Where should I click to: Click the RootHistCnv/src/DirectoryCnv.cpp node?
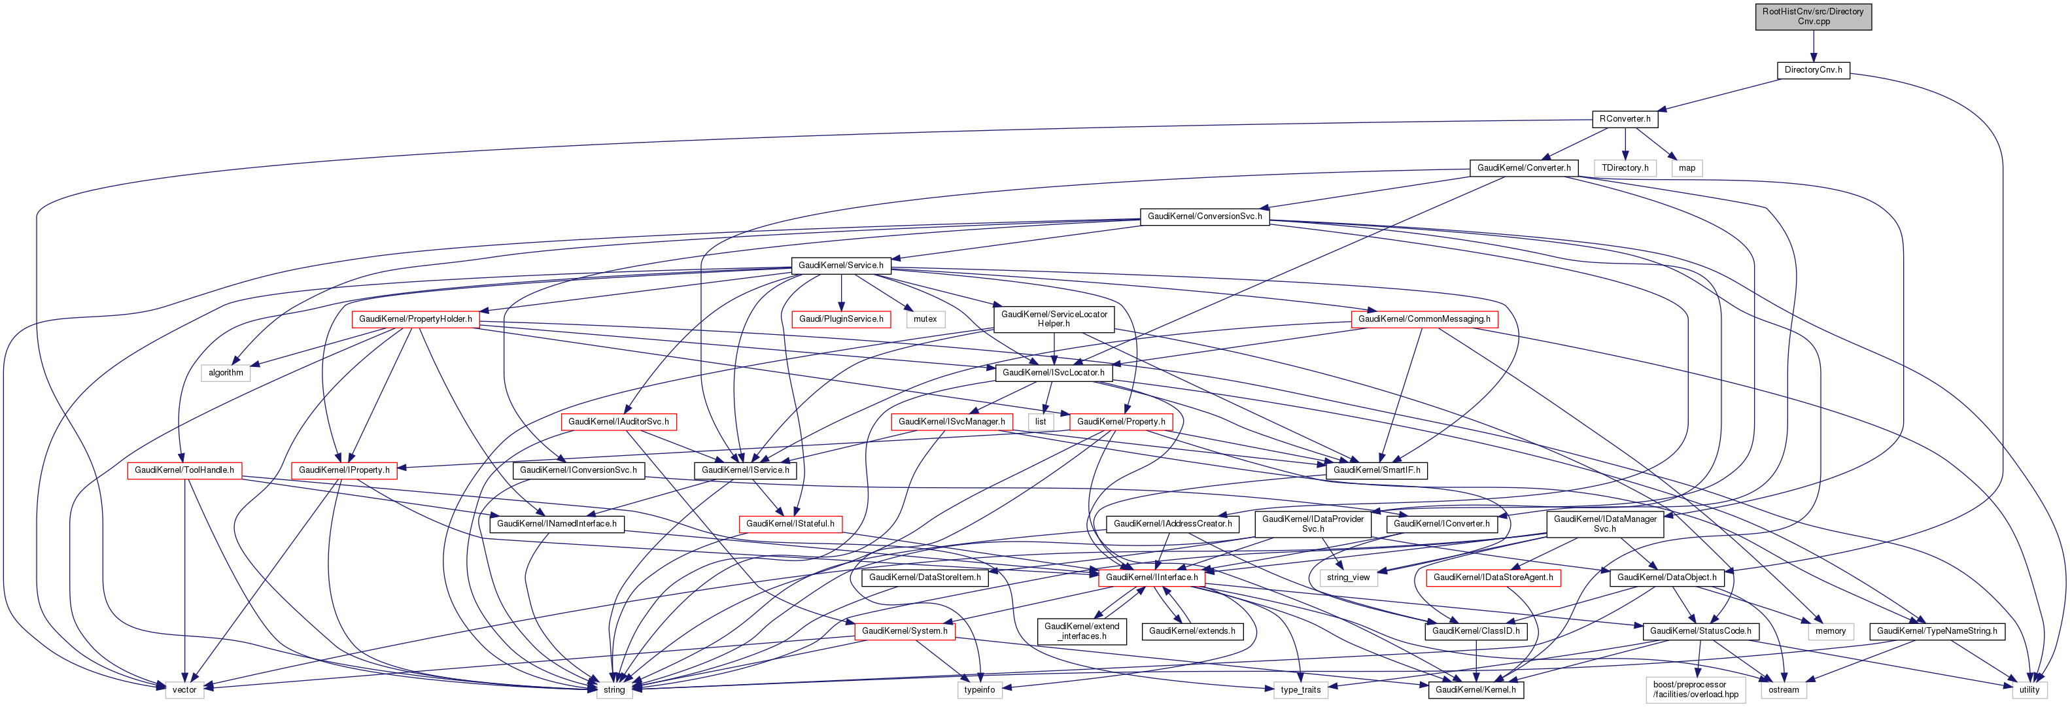click(x=1813, y=16)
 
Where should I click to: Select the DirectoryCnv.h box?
click(x=1813, y=70)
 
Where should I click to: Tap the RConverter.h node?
click(x=1625, y=119)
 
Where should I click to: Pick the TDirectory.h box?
click(x=1625, y=168)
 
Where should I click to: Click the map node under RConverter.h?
click(x=1687, y=168)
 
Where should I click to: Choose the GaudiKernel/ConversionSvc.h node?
click(x=1204, y=217)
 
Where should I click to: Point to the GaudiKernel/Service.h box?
click(x=840, y=265)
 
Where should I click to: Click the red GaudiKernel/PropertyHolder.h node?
click(x=415, y=319)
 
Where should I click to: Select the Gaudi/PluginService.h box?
click(x=840, y=319)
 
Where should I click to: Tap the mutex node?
click(x=925, y=319)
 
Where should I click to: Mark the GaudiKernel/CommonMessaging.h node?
click(x=1424, y=319)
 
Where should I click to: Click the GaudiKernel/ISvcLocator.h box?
click(x=1054, y=373)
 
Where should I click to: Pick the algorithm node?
click(x=226, y=373)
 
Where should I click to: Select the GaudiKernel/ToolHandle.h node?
click(x=184, y=470)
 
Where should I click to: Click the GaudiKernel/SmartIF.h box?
click(x=1377, y=470)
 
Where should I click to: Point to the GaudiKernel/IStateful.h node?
click(x=790, y=524)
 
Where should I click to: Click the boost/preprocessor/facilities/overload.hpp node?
click(x=1695, y=689)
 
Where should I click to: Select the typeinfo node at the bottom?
click(x=980, y=689)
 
